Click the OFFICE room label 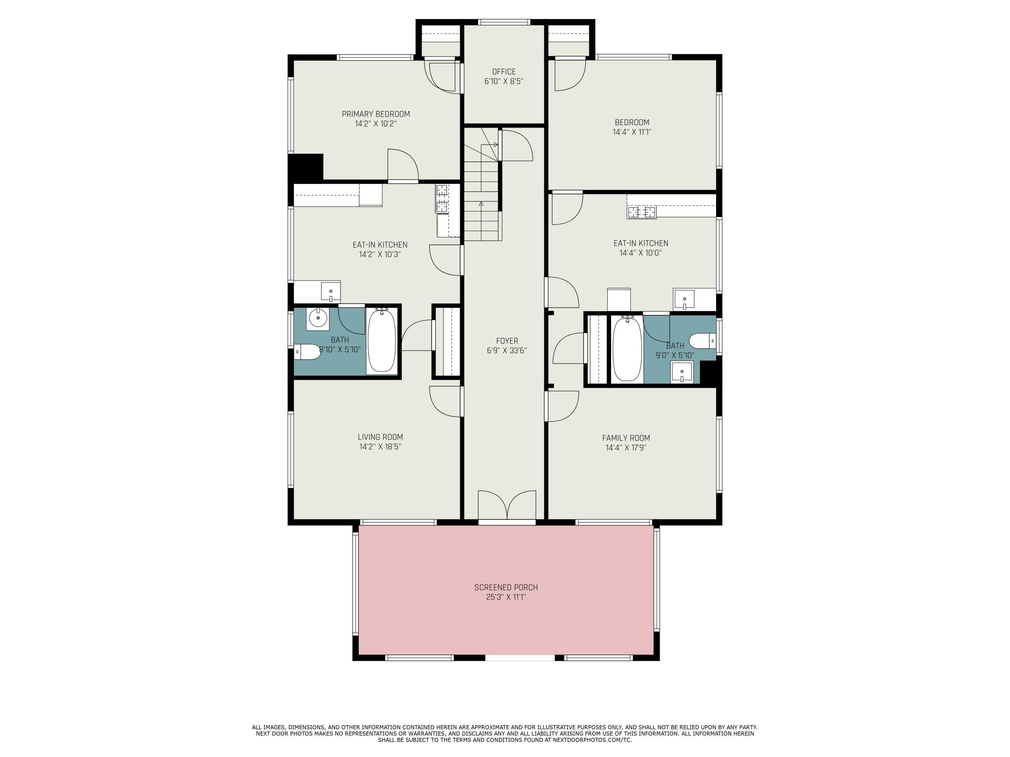pyautogui.click(x=504, y=72)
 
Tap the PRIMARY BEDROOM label pyautogui.click(x=376, y=114)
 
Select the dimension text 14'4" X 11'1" pyautogui.click(x=632, y=132)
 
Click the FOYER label pyautogui.click(x=507, y=341)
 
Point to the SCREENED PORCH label pyautogui.click(x=506, y=587)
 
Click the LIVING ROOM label pyautogui.click(x=380, y=437)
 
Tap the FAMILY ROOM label pyautogui.click(x=626, y=438)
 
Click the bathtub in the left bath pyautogui.click(x=382, y=341)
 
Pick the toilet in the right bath pyautogui.click(x=702, y=340)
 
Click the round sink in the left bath pyautogui.click(x=317, y=318)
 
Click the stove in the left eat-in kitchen pyautogui.click(x=441, y=199)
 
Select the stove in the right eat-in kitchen pyautogui.click(x=642, y=212)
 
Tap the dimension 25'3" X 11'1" pyautogui.click(x=506, y=597)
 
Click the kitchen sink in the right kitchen pyautogui.click(x=684, y=300)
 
